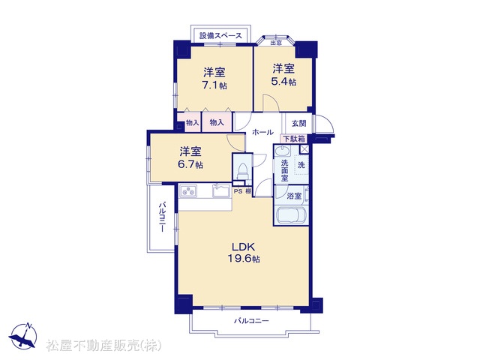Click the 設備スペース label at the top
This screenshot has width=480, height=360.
coord(220,36)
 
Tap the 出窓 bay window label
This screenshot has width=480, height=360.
coord(276,43)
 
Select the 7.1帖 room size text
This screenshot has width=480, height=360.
coord(214,85)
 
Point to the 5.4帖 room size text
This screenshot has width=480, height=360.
coord(283,82)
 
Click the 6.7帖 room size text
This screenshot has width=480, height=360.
coord(190,164)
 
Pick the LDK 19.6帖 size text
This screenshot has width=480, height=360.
coord(244,259)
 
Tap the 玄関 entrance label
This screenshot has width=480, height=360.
coord(298,123)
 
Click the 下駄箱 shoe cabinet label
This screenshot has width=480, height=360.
coord(293,139)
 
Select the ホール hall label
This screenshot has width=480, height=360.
coord(262,133)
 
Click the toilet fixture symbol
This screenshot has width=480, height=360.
coord(242,172)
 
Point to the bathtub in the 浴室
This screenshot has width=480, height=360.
coord(292,216)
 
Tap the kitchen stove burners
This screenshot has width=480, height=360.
coord(188,191)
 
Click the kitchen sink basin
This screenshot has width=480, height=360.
coord(221,190)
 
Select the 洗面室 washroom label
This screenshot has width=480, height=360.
coord(285,170)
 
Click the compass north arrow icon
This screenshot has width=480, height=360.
coord(23,335)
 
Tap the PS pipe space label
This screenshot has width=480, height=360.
coord(238,192)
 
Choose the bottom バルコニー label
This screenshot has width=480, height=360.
coord(251,321)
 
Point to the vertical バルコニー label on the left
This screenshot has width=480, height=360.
coord(162,216)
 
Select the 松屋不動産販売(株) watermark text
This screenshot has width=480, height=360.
coord(104,346)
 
